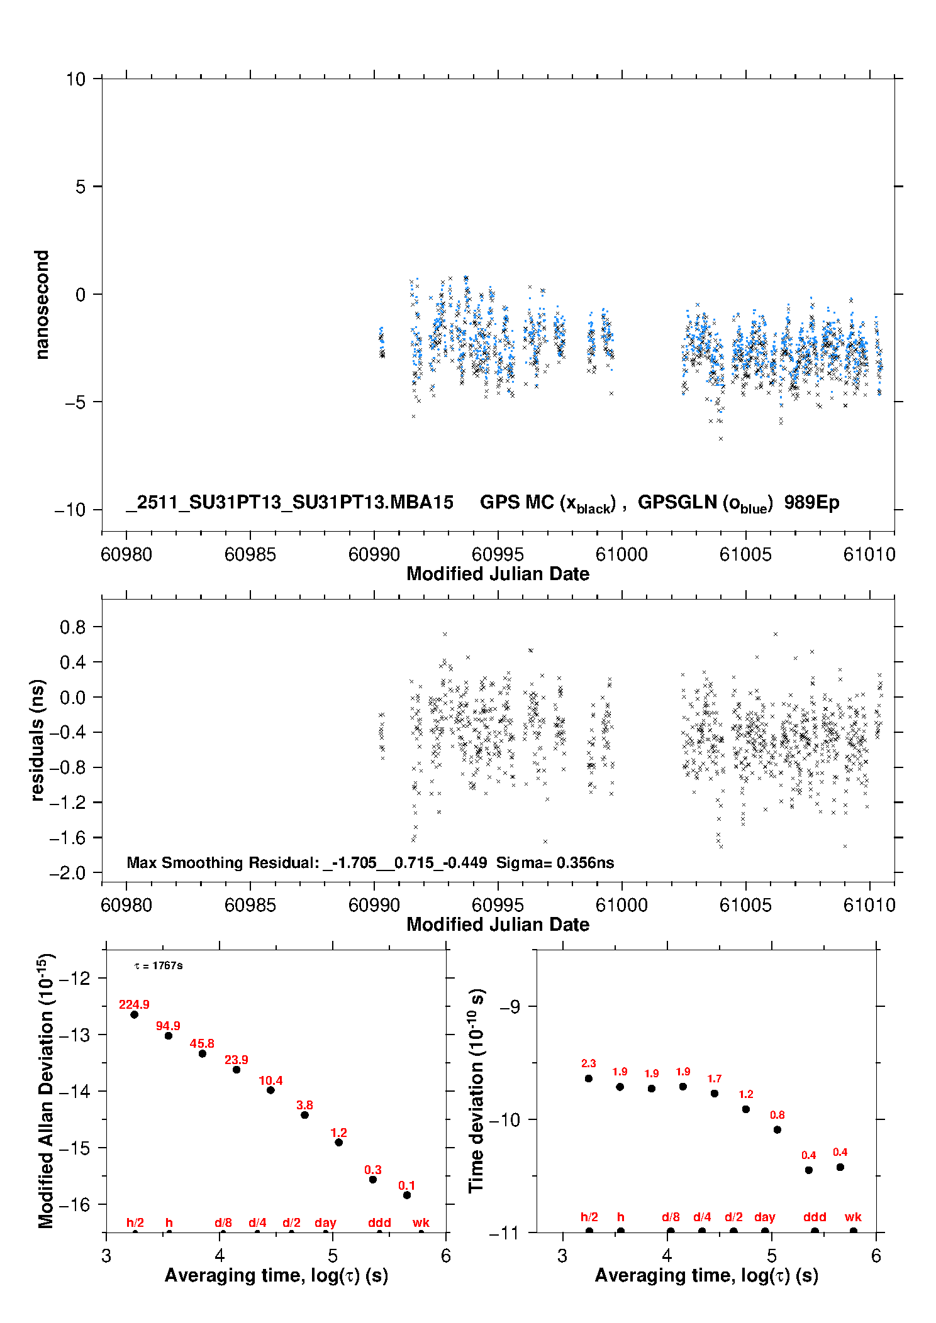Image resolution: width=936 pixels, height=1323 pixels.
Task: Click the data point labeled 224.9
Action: (x=134, y=1014)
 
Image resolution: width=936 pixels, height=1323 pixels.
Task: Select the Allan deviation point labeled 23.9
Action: (x=237, y=1070)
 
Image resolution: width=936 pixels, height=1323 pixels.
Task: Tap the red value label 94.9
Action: (x=168, y=1026)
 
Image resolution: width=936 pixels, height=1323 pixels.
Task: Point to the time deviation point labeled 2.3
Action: (x=589, y=1079)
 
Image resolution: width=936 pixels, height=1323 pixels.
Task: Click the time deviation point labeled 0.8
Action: (x=777, y=1129)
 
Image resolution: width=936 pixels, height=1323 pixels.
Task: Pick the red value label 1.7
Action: (x=715, y=1079)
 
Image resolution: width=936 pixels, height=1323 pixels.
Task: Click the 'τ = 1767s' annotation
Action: (x=159, y=965)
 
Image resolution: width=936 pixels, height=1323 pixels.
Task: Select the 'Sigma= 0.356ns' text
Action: (x=555, y=862)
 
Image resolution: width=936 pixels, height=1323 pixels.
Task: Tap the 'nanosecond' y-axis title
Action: (x=42, y=305)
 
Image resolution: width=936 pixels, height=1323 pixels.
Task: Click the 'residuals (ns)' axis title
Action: (x=38, y=740)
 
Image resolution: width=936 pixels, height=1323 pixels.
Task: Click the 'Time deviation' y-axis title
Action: (x=476, y=1090)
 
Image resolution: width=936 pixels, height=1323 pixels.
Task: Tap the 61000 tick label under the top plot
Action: (x=621, y=554)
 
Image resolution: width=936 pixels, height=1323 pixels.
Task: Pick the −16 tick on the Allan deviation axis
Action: (x=74, y=1204)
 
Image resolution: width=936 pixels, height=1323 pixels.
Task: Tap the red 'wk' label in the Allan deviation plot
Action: (x=421, y=1222)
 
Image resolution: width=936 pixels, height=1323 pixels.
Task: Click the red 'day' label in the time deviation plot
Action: (x=765, y=1217)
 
